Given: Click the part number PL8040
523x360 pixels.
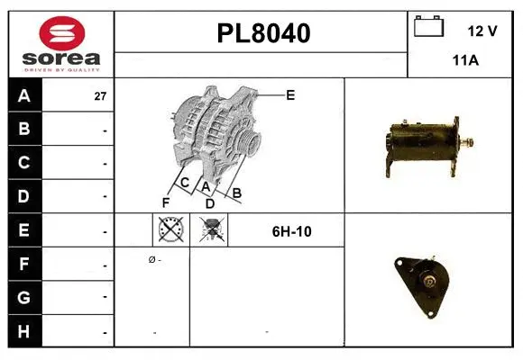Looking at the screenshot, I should click(263, 33).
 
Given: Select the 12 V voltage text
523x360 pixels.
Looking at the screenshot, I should click(482, 31).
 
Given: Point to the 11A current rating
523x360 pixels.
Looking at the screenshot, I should click(464, 60).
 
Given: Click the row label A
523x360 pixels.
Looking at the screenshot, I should click(24, 96).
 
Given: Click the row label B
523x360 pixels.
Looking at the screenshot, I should click(24, 130).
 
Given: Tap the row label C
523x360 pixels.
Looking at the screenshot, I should click(24, 163).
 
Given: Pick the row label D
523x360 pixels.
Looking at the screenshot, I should click(24, 196).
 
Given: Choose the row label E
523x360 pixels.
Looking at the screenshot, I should click(24, 230).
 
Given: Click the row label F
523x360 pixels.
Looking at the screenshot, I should click(24, 264).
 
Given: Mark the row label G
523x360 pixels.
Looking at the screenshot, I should click(24, 297).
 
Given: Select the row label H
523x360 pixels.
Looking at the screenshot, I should click(24, 331).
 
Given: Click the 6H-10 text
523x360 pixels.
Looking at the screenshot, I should click(291, 231).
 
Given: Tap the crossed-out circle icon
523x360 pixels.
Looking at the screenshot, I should click(169, 230).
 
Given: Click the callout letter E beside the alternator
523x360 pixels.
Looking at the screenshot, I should click(289, 94).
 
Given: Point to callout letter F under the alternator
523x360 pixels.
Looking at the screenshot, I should click(166, 202).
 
